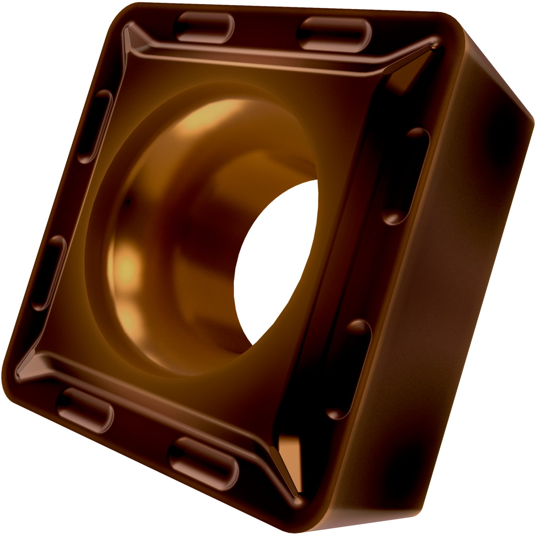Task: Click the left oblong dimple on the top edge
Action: pyautogui.click(x=204, y=27)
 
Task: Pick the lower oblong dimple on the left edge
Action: pyautogui.click(x=49, y=273)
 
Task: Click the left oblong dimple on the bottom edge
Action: pyautogui.click(x=85, y=410)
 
